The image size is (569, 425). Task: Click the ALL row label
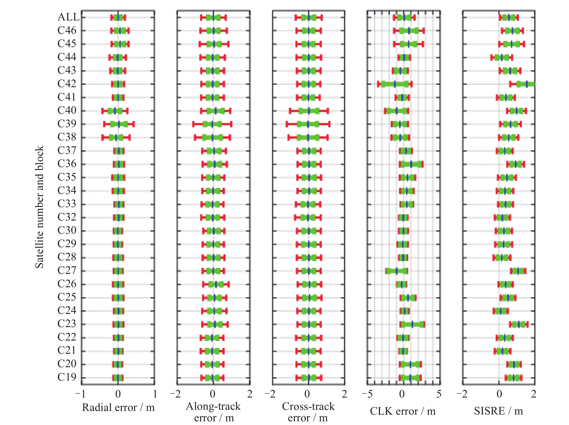pos(68,17)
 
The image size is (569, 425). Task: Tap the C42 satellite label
pos(67,84)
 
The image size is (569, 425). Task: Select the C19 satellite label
pos(67,377)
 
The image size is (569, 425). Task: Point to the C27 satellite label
pos(67,270)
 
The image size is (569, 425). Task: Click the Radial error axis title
pos(118,407)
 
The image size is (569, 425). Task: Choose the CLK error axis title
pos(403,411)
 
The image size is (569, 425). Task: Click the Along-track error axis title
pos(213,412)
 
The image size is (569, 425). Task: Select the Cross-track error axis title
pos(308,412)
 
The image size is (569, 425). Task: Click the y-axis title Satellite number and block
pos(39,207)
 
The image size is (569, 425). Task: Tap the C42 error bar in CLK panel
pos(395,84)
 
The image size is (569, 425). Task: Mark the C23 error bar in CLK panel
pos(412,324)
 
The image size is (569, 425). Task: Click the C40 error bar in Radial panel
pos(115,111)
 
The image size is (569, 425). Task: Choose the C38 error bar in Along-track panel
pos(212,138)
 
